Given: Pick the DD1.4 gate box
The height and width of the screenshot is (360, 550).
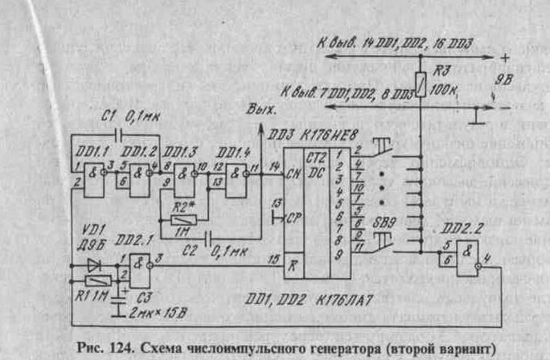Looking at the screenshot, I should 236,174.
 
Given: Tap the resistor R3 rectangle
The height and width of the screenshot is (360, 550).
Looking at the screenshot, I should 420,81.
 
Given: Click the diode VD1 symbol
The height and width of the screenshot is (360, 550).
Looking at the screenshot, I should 95,263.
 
